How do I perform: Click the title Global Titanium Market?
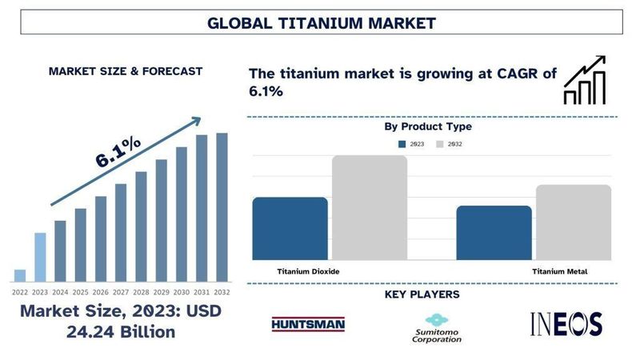click(321, 22)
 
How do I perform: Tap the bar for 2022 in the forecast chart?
click(20, 275)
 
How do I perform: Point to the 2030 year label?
click(182, 292)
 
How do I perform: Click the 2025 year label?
click(81, 292)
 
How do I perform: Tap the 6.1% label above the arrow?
click(118, 152)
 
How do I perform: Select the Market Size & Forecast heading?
click(126, 71)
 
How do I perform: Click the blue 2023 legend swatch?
click(403, 144)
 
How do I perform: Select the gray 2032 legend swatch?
click(440, 144)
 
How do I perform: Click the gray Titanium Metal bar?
click(573, 222)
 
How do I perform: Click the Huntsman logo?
click(308, 324)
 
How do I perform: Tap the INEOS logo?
click(566, 324)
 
